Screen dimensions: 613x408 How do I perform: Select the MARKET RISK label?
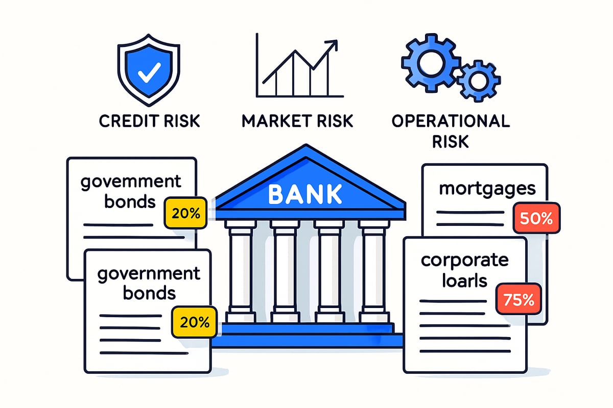(297, 121)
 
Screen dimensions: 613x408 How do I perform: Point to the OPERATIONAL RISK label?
(451, 131)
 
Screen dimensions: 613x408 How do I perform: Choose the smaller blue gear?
(479, 81)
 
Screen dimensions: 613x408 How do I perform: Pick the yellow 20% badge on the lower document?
(195, 322)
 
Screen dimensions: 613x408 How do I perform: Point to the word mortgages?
(487, 189)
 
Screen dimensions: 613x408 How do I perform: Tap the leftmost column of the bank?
(239, 270)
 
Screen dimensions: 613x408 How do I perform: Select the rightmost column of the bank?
(373, 270)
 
